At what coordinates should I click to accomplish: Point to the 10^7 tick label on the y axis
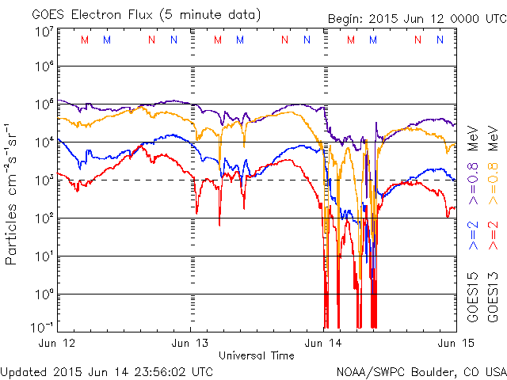click(x=44, y=32)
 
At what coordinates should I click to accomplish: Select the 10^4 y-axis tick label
click(x=44, y=142)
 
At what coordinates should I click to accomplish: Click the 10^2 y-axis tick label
click(x=44, y=218)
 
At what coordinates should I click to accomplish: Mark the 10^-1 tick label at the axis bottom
click(x=44, y=327)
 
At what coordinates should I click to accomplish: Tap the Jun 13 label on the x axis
click(x=192, y=343)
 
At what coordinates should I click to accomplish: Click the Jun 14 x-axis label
click(x=324, y=343)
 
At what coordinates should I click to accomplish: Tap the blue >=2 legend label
click(x=473, y=236)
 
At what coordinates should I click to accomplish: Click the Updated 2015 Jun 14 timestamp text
click(x=107, y=371)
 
